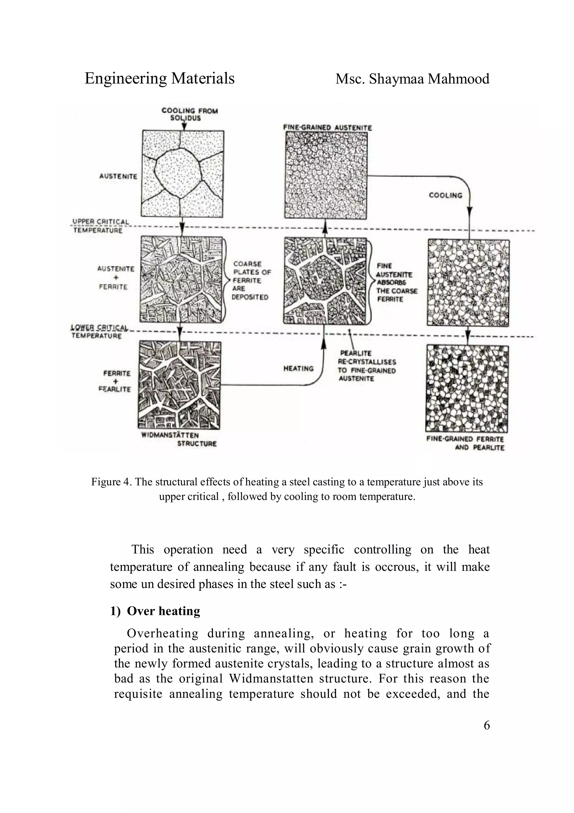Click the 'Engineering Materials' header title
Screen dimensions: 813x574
click(x=159, y=79)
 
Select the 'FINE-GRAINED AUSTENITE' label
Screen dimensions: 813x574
click(x=327, y=127)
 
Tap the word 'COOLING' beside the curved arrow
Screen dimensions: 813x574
click(x=445, y=195)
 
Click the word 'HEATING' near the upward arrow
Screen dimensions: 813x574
click(x=298, y=368)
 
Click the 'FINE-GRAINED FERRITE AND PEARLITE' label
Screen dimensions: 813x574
click(x=465, y=443)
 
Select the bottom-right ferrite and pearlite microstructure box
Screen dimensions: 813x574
click(x=467, y=389)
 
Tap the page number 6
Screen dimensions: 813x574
click(x=486, y=725)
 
